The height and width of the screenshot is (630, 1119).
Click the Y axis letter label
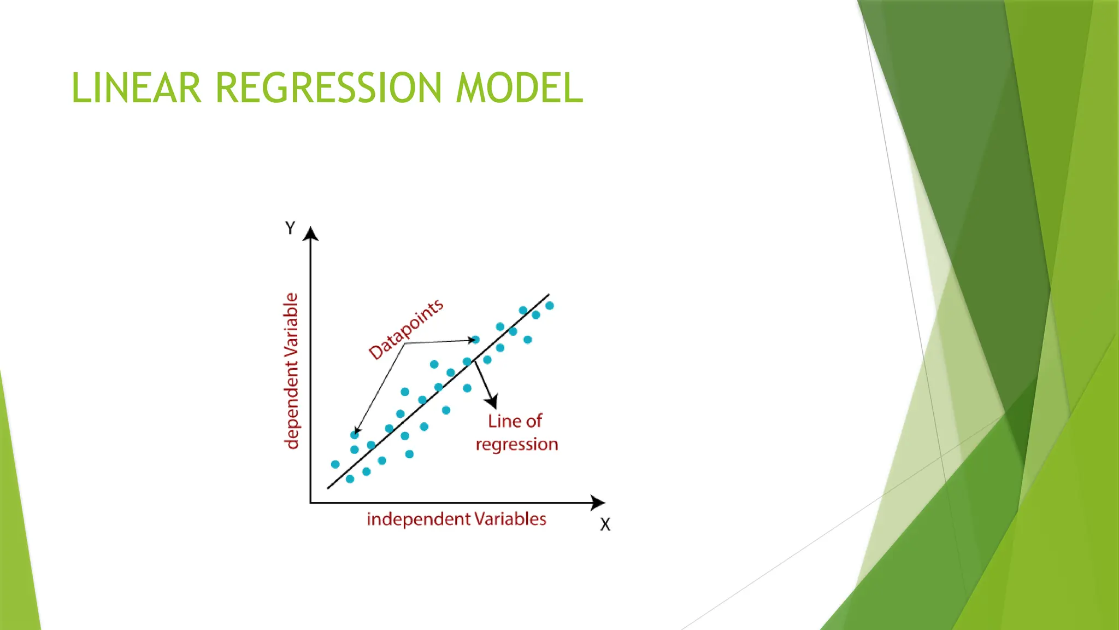[290, 228]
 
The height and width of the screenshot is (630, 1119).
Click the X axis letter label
[605, 524]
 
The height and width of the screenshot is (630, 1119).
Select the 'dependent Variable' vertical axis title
[292, 371]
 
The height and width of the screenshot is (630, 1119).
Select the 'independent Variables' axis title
[456, 519]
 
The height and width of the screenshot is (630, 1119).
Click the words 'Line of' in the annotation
[515, 421]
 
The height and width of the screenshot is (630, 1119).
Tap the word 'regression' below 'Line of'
[517, 444]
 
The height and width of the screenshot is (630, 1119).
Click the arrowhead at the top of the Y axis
[310, 234]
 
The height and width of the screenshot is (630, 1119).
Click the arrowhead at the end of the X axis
[598, 503]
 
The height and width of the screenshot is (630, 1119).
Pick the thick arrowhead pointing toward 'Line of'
[492, 401]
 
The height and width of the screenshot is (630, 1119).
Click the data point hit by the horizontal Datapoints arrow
[475, 340]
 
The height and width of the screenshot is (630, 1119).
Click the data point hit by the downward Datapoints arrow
[355, 435]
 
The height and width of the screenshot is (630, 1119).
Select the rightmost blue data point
[550, 306]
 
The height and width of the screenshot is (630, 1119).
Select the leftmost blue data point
[335, 464]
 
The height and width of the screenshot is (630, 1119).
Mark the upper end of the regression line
[548, 295]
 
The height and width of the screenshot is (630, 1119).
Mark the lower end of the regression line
[328, 488]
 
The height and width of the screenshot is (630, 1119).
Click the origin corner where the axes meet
[310, 502]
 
